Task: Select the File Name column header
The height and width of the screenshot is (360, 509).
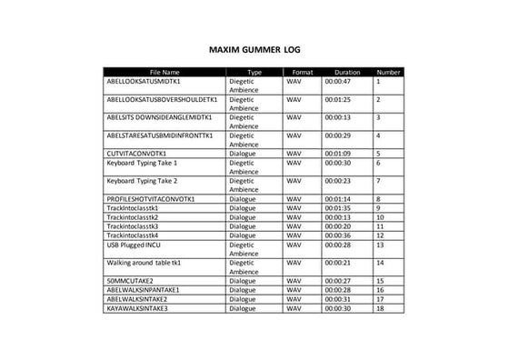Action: click(164, 72)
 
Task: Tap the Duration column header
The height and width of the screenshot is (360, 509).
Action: click(347, 72)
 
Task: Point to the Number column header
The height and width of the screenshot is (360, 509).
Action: click(389, 72)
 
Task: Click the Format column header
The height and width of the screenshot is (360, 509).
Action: click(303, 72)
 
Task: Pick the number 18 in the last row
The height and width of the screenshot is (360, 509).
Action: click(380, 308)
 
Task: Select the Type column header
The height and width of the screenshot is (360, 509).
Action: click(254, 72)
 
